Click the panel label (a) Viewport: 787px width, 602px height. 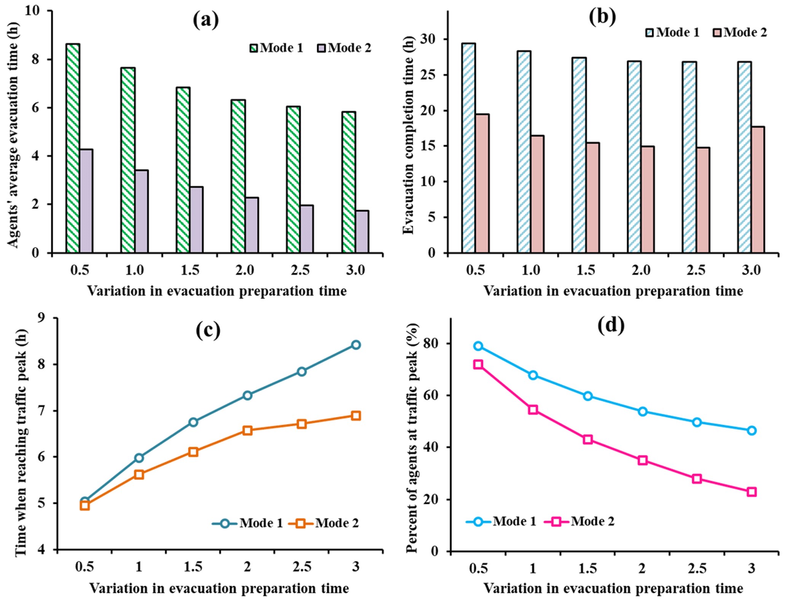click(206, 20)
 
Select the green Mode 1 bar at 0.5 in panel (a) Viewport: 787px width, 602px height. click(73, 148)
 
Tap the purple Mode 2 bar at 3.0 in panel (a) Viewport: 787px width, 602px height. click(362, 231)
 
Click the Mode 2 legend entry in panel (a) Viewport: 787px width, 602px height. click(344, 48)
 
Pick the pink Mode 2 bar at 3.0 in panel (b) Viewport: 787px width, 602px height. click(758, 190)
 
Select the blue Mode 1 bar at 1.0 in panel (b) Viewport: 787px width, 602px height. click(524, 151)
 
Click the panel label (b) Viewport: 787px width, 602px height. click(602, 17)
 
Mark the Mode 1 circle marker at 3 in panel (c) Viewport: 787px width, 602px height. click(356, 345)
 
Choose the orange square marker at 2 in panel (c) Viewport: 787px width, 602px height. click(247, 430)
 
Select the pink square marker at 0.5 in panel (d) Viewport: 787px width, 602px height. click(478, 365)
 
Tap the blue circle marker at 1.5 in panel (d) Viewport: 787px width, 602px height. click(588, 396)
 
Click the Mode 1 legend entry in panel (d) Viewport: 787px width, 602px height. click(501, 521)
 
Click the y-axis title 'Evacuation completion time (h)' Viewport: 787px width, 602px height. click(408, 135)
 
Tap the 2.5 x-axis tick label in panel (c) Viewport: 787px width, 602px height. click(302, 567)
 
